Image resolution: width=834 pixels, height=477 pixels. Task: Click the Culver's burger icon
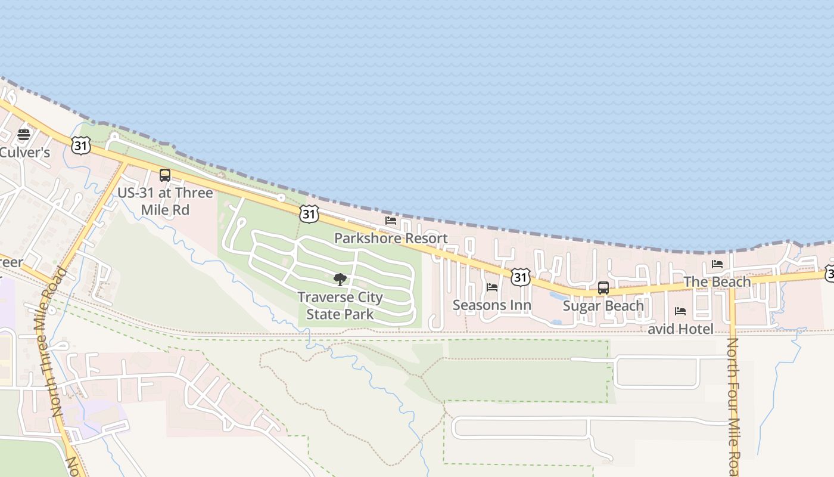[x=24, y=135]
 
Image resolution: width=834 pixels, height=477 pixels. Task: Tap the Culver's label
[x=24, y=152]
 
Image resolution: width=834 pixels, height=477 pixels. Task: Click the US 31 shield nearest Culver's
[x=81, y=145]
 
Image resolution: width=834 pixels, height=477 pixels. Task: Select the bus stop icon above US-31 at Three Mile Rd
[x=165, y=175]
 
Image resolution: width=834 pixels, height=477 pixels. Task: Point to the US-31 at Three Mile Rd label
[x=165, y=202]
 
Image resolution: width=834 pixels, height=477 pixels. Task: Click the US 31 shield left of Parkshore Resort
[x=309, y=215]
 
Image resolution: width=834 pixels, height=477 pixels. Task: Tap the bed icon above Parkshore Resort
[x=391, y=221]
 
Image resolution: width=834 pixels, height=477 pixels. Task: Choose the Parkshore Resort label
[x=391, y=238]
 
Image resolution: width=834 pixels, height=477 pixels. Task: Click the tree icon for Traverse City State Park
[x=340, y=279]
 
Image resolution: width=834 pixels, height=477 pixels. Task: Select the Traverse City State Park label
[x=340, y=306]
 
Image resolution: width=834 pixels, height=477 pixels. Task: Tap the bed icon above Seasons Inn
[x=492, y=287]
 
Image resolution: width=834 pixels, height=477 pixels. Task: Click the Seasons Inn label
[x=492, y=306]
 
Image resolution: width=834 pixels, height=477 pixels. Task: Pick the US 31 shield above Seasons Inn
[x=521, y=276]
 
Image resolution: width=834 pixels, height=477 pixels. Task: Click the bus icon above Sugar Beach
[x=603, y=288]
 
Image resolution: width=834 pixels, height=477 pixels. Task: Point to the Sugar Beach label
[x=603, y=306]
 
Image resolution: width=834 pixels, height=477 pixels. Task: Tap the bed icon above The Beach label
[x=717, y=264]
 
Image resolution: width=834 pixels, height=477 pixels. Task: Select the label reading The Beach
[x=717, y=281]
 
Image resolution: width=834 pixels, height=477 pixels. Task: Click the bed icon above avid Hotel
[x=680, y=311]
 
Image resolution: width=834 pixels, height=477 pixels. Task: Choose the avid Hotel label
[x=680, y=329]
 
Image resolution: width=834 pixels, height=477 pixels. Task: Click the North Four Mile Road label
[x=733, y=405]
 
